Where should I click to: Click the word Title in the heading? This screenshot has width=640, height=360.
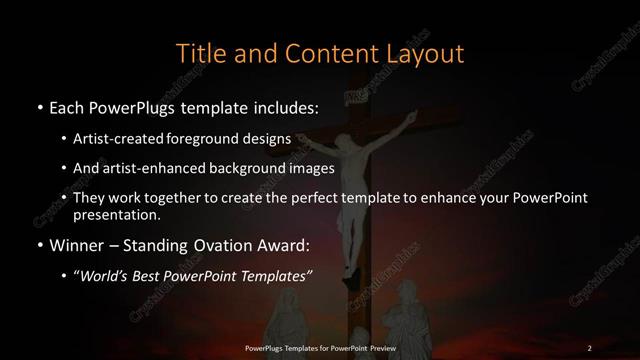tap(201, 51)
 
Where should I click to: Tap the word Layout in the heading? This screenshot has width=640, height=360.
tap(428, 51)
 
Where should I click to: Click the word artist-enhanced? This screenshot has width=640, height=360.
tap(162, 169)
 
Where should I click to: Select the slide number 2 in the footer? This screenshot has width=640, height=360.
tap(589, 348)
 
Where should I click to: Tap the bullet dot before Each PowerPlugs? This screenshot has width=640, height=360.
tap(38, 107)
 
